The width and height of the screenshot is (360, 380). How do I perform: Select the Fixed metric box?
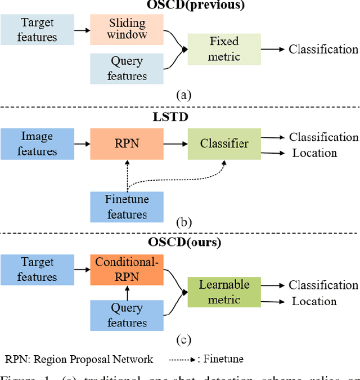[x=224, y=49]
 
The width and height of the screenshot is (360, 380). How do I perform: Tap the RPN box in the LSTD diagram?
[x=127, y=144]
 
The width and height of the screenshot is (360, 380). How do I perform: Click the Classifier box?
[x=224, y=144]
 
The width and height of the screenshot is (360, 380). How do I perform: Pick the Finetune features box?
[x=127, y=207]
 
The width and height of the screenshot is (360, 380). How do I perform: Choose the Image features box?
[x=37, y=144]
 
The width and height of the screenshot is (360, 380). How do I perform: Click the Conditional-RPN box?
[x=127, y=269]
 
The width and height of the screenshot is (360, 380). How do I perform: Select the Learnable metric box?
[x=224, y=292]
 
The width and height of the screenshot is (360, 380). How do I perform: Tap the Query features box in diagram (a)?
[x=127, y=68]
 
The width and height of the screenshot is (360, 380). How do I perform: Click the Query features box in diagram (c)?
[x=127, y=315]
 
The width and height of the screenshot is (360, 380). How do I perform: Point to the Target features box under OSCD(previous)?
[x=37, y=30]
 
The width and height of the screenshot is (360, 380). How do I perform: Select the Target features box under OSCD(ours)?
[x=37, y=269]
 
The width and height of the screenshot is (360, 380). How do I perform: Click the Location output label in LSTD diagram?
[x=314, y=153]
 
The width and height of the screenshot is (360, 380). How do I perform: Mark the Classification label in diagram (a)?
[x=323, y=49]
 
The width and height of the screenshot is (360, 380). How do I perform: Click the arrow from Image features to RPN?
[x=82, y=144]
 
